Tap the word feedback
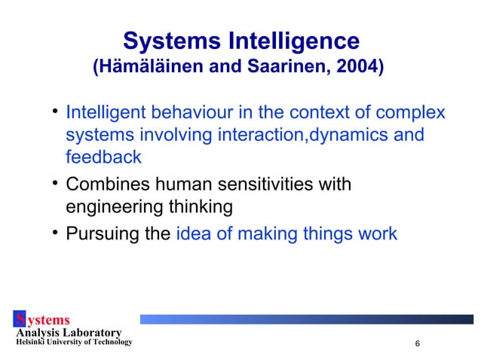tap(104, 157)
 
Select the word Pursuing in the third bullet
tap(114, 233)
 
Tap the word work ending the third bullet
tap(378, 233)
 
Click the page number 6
tap(417, 344)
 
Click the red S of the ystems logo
tap(20, 321)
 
